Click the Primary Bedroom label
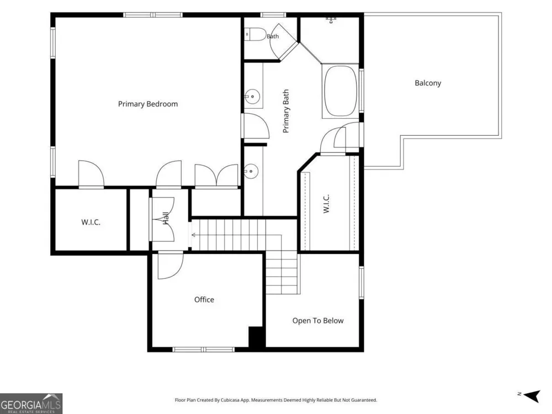pos(148,104)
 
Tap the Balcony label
pos(428,83)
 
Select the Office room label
pos(204,300)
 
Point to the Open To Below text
pos(318,321)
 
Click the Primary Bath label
pos(286,111)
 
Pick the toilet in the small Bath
pos(256,34)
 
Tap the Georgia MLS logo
pos(31,404)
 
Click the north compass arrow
pos(532,396)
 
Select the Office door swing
pos(171,266)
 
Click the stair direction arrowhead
pos(193,235)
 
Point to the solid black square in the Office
pos(256,337)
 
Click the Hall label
pos(166,218)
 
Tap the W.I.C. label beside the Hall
pos(91,222)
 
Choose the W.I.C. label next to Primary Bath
pos(326,204)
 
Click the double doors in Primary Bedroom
pos(216,176)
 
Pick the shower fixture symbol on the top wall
pos(331,20)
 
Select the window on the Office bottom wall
pos(204,349)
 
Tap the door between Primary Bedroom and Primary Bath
pos(256,126)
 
